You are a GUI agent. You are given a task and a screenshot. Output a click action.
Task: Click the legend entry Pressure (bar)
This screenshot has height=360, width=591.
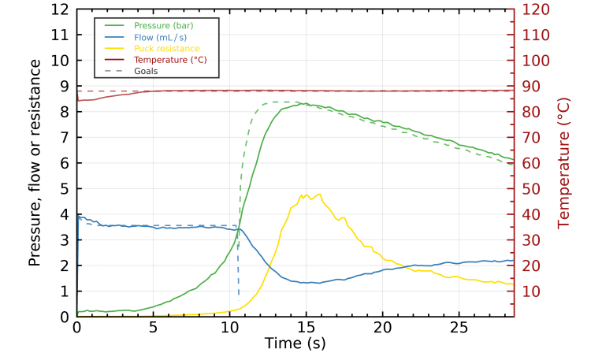(x=164, y=26)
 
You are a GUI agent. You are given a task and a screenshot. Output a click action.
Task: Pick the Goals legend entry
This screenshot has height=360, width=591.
(x=146, y=71)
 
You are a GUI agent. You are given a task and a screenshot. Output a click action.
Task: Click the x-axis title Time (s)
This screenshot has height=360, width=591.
(x=295, y=343)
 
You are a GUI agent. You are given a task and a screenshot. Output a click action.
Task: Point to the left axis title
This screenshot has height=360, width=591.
(x=35, y=162)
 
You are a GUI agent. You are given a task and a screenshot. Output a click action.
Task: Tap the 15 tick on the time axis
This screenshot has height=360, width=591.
(x=306, y=326)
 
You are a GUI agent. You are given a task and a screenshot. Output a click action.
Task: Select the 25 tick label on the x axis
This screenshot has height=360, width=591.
(x=459, y=326)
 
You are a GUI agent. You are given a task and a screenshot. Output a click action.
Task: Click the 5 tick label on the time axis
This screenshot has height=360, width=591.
(x=153, y=326)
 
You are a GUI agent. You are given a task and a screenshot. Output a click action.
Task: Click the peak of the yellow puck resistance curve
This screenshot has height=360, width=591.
(x=303, y=194)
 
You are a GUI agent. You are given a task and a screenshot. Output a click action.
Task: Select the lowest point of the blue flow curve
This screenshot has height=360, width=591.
(x=315, y=283)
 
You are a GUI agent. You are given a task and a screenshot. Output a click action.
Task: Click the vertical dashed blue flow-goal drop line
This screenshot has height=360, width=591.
(x=239, y=260)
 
